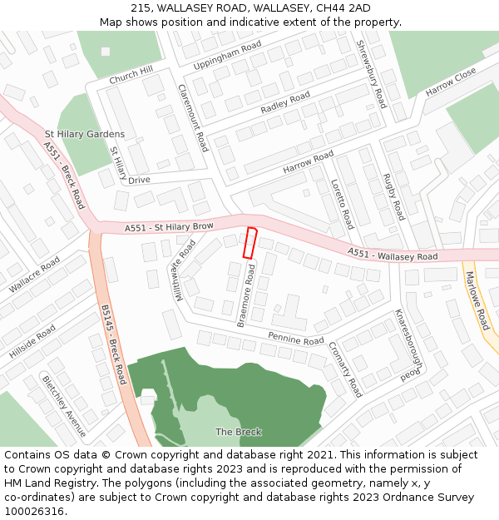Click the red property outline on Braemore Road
click(x=249, y=242)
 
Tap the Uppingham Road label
click(x=227, y=54)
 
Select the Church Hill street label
click(x=131, y=76)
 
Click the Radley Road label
click(x=285, y=103)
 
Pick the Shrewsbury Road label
click(x=371, y=74)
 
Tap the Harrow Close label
click(x=451, y=81)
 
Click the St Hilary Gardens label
click(x=85, y=134)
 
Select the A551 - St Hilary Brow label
click(x=170, y=226)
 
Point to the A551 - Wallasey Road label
click(x=393, y=254)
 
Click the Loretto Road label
click(x=342, y=204)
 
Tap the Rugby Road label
click(x=393, y=196)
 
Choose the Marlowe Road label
click(x=477, y=300)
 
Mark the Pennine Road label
click(x=296, y=339)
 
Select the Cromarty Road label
click(x=345, y=369)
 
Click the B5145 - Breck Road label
click(x=113, y=344)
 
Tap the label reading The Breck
click(x=239, y=432)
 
